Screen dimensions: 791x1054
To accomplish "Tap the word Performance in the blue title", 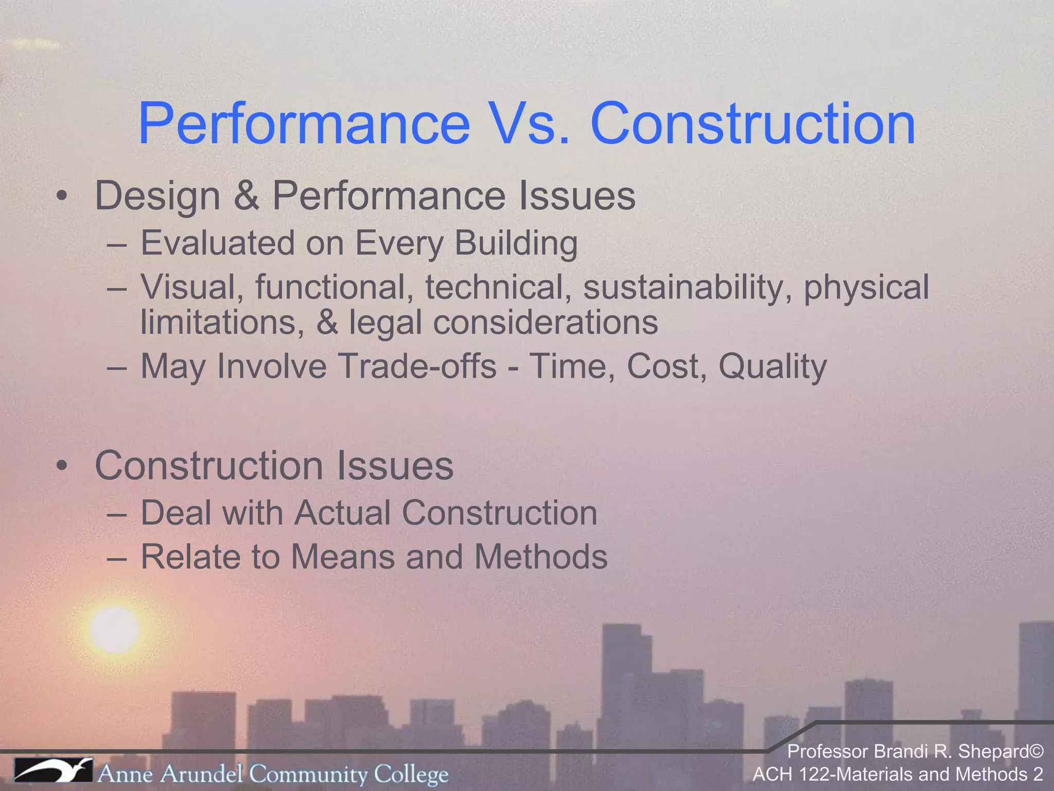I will click(304, 124).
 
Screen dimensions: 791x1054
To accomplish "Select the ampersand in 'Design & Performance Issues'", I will click(247, 196).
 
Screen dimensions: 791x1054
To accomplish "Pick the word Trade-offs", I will click(417, 366).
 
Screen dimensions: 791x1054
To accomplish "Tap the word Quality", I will click(772, 366).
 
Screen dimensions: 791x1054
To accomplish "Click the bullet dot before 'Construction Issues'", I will click(62, 466).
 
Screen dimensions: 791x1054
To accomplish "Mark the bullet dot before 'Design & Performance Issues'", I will click(62, 196).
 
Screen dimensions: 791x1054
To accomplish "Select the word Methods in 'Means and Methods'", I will click(540, 557).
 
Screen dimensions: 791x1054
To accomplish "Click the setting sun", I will click(114, 629).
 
